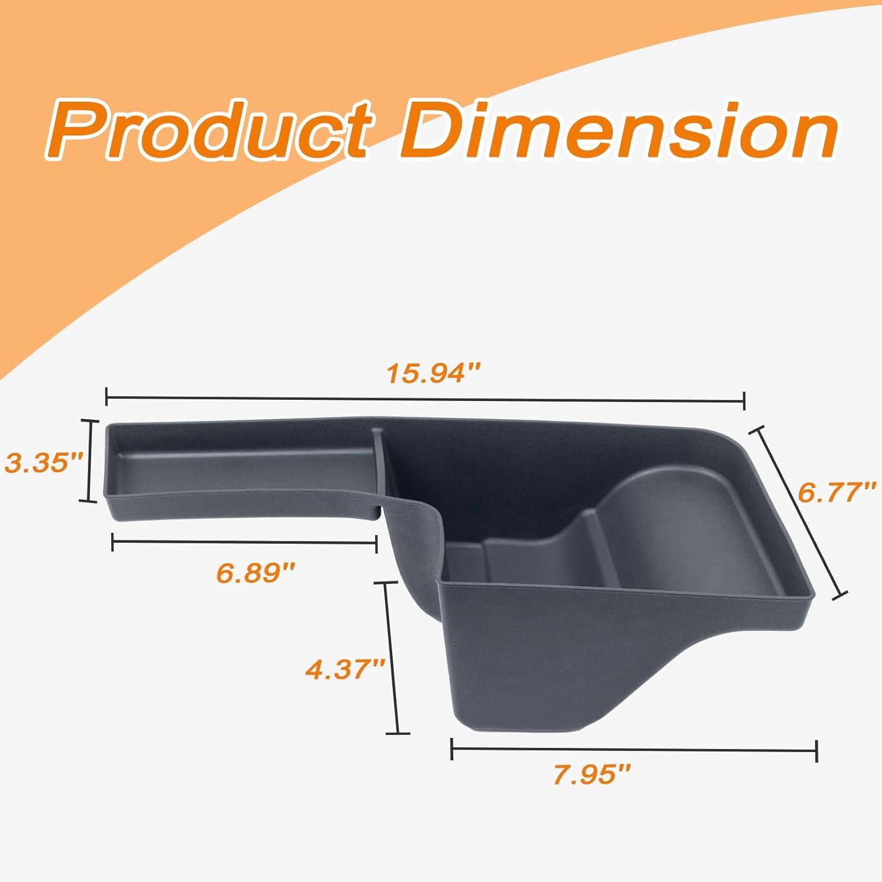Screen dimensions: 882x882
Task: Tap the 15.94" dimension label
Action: click(434, 373)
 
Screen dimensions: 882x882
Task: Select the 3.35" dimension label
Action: click(43, 462)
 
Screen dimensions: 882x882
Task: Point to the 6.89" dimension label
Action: click(255, 572)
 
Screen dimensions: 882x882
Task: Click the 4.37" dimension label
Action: click(345, 669)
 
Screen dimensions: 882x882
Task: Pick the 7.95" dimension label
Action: click(592, 775)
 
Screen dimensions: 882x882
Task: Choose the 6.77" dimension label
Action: click(837, 491)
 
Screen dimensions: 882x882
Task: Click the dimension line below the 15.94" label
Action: click(425, 399)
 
